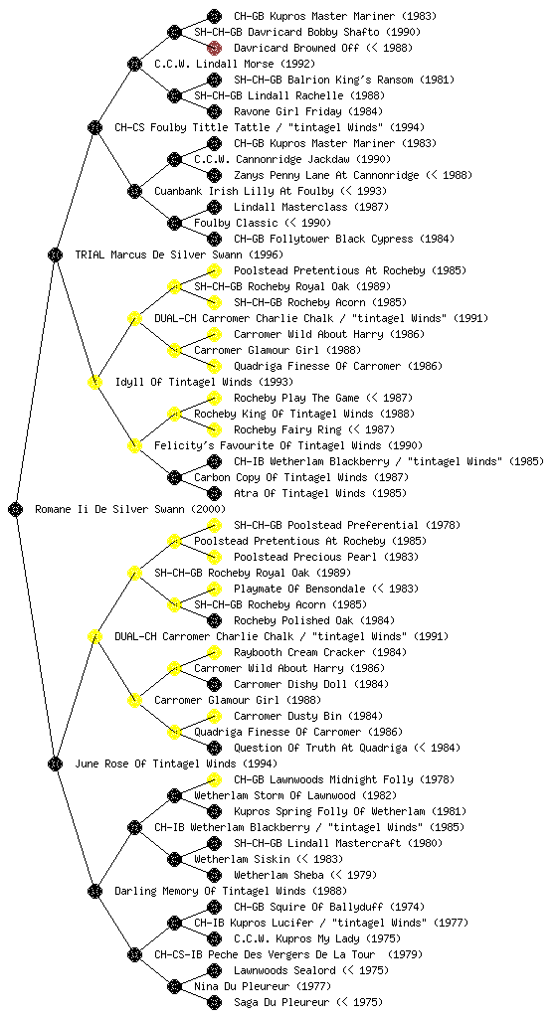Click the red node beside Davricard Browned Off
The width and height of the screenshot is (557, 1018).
tap(214, 48)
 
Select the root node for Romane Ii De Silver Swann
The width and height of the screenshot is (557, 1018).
tap(16, 509)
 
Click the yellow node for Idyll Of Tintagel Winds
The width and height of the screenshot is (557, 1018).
tap(94, 382)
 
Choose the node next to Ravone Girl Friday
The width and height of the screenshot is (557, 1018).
tap(214, 111)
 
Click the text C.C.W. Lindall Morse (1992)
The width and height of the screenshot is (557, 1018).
tap(235, 64)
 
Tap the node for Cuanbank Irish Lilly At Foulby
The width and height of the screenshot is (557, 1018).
tap(134, 191)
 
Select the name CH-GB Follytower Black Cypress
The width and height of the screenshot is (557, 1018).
tap(323, 239)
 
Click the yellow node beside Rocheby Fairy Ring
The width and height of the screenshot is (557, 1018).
tap(214, 429)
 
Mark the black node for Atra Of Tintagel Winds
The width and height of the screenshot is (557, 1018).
tap(214, 493)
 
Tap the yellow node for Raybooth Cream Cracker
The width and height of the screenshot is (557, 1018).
tap(214, 652)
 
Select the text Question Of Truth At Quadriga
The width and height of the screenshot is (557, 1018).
tap(320, 748)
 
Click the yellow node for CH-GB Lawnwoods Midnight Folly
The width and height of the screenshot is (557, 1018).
tap(214, 779)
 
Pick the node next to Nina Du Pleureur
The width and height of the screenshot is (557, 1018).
tap(174, 986)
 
